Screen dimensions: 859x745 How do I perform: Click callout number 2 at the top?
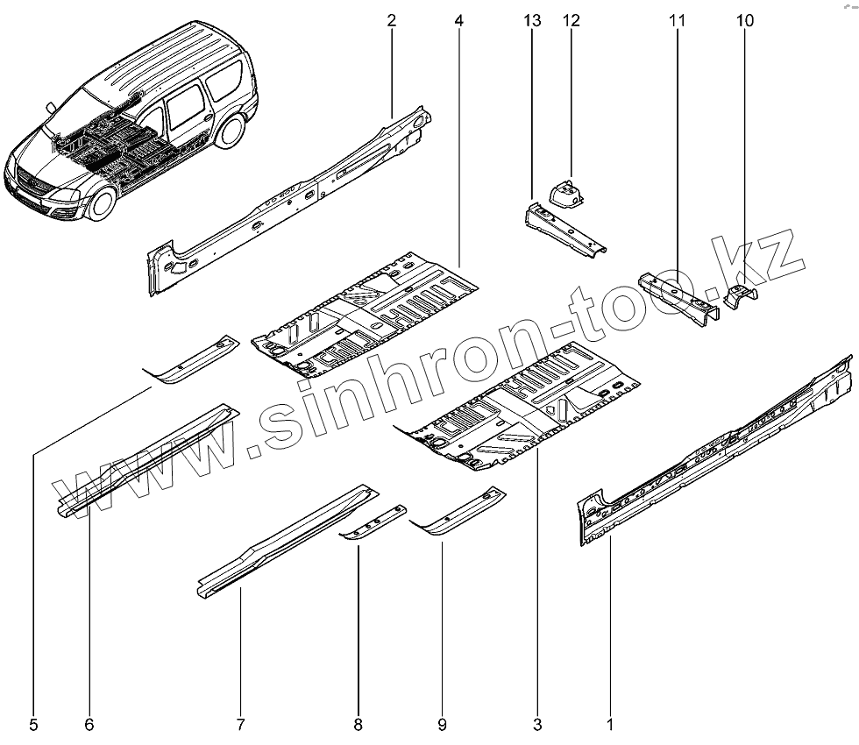pos(391,20)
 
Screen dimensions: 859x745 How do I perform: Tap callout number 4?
pos(459,20)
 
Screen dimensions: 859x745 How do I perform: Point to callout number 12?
pos(571,20)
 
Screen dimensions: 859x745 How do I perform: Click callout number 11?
pos(677,20)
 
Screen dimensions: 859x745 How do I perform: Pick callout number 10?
pos(745,20)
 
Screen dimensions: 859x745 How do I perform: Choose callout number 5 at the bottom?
pos(33,725)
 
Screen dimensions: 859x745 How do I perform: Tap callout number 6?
pos(89,725)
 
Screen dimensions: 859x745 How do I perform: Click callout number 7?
pos(239,725)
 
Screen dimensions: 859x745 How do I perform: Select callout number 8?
pos(358,725)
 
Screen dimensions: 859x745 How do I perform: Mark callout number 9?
pos(442,725)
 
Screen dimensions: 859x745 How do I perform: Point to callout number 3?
pos(537,725)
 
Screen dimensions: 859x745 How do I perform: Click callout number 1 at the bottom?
pos(610,725)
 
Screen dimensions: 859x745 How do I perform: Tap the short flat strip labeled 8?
pos(374,523)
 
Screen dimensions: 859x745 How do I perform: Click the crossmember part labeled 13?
pos(564,230)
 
